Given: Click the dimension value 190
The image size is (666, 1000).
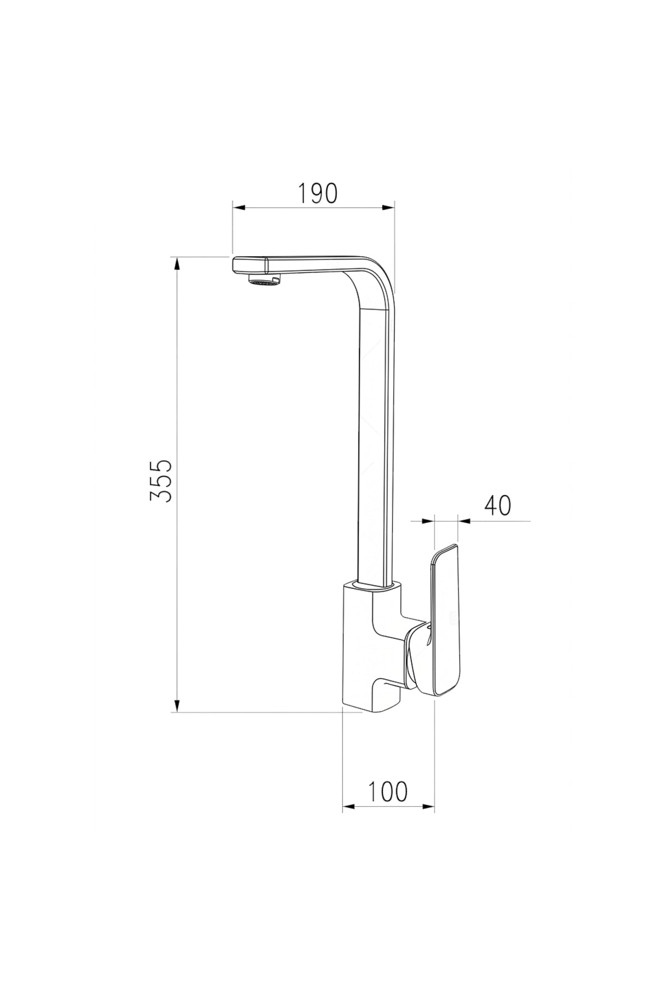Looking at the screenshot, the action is tap(317, 193).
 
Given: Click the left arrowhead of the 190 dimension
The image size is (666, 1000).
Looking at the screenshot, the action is tap(239, 208).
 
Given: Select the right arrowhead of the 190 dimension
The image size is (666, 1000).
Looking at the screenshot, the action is tap(387, 208).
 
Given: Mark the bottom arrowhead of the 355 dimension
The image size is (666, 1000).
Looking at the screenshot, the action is tap(177, 705).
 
